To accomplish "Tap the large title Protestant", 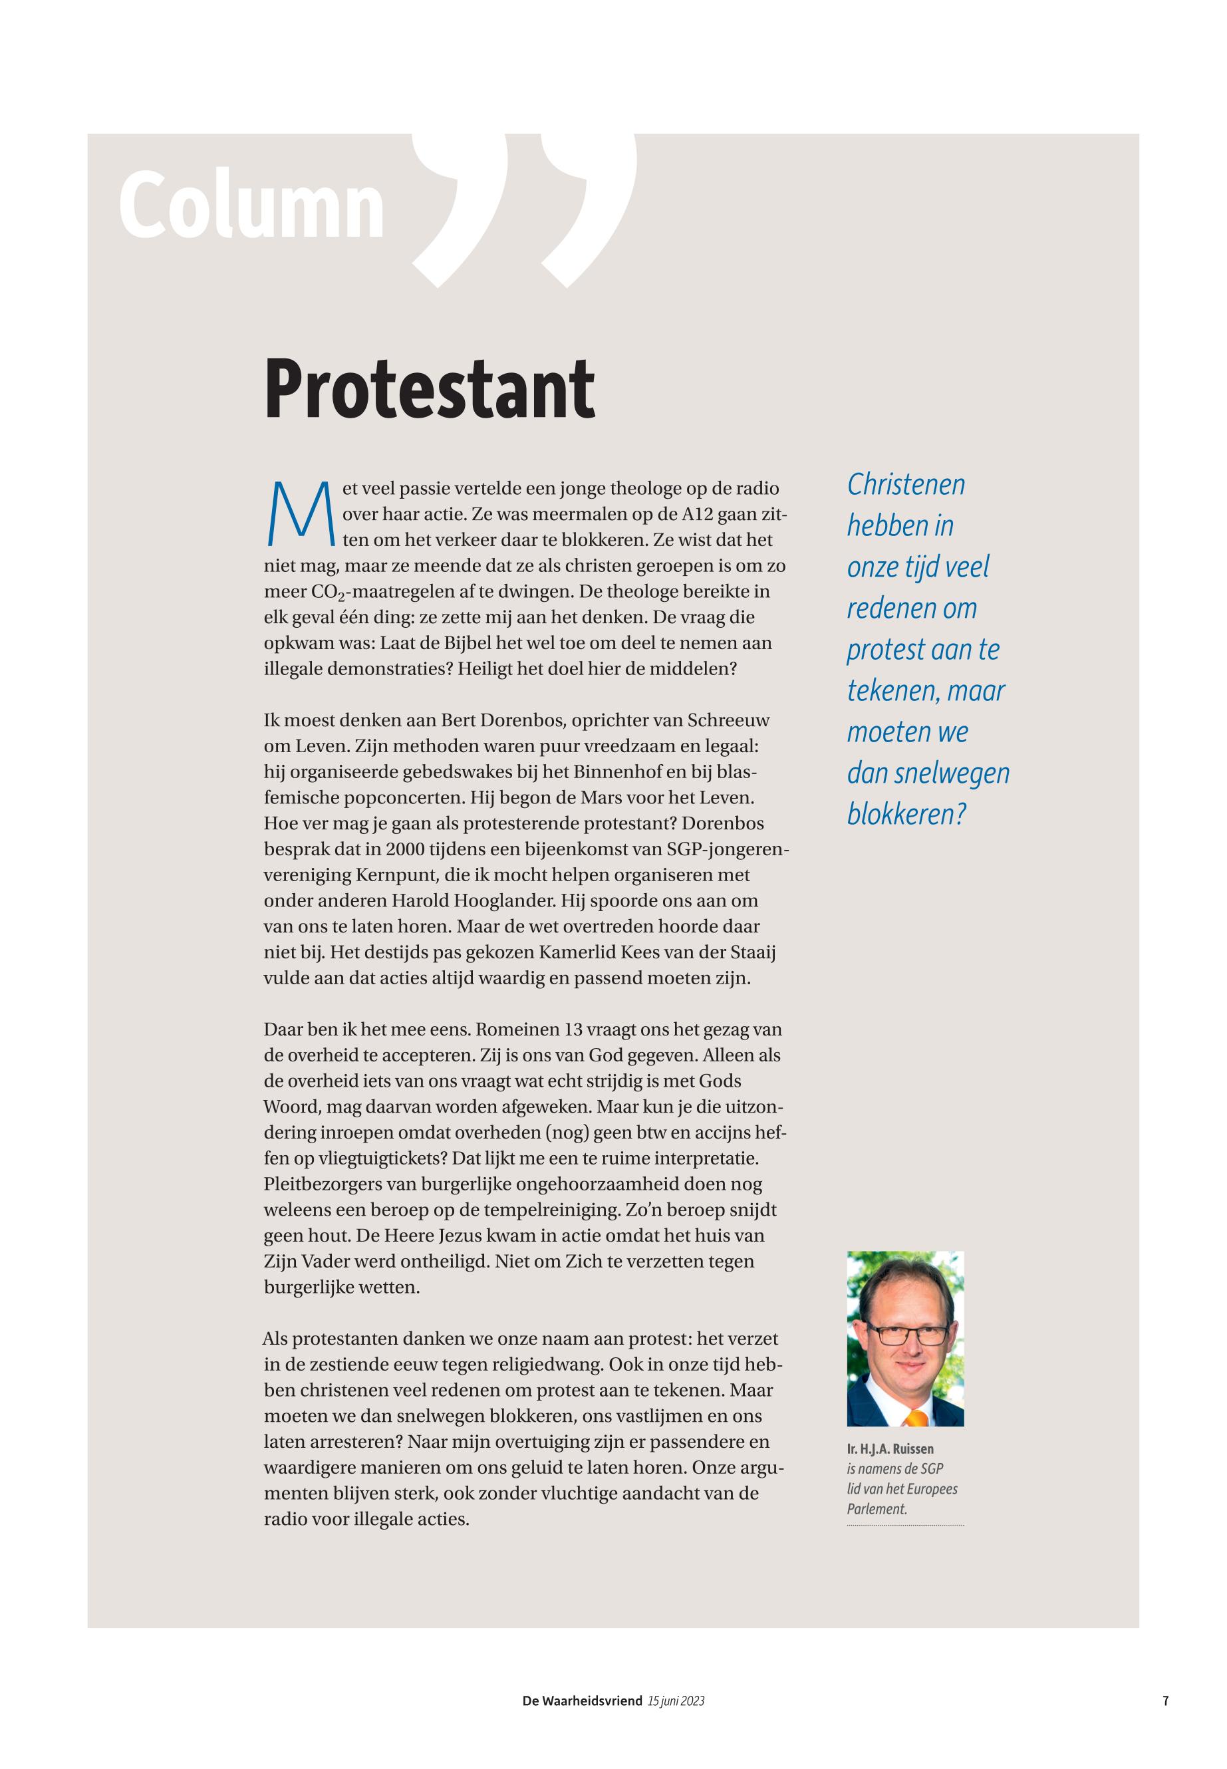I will pyautogui.click(x=429, y=389).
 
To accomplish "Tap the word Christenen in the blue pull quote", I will pyautogui.click(x=906, y=485).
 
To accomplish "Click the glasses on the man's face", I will pyautogui.click(x=906, y=1335).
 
